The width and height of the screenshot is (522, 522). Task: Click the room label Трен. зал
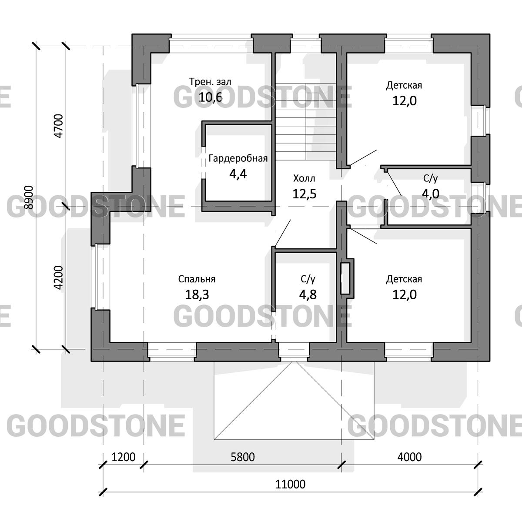pyautogui.click(x=210, y=81)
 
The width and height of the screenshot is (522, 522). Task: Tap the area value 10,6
pyautogui.click(x=211, y=97)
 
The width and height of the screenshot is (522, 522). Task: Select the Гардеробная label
pyautogui.click(x=238, y=158)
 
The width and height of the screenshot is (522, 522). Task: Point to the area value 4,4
pyautogui.click(x=238, y=174)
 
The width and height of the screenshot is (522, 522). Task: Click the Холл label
pyautogui.click(x=304, y=178)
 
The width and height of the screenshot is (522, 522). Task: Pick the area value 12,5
pyautogui.click(x=304, y=194)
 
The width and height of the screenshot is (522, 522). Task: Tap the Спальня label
pyautogui.click(x=197, y=279)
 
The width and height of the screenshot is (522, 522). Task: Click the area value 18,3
pyautogui.click(x=197, y=294)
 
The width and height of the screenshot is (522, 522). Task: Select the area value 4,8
pyautogui.click(x=308, y=294)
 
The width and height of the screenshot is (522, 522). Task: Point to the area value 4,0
pyautogui.click(x=431, y=194)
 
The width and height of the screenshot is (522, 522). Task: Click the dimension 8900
pyautogui.click(x=29, y=197)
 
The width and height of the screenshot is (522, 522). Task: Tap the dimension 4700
pyautogui.click(x=59, y=126)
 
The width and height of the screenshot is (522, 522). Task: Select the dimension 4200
pyautogui.click(x=59, y=278)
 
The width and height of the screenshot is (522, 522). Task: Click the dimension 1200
pyautogui.click(x=123, y=457)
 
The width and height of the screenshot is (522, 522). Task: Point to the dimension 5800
pyautogui.click(x=243, y=457)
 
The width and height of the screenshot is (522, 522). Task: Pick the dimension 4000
pyautogui.click(x=410, y=457)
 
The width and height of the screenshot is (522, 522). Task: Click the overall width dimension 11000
pyautogui.click(x=291, y=484)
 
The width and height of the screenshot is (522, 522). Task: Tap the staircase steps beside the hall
pyautogui.click(x=306, y=122)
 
